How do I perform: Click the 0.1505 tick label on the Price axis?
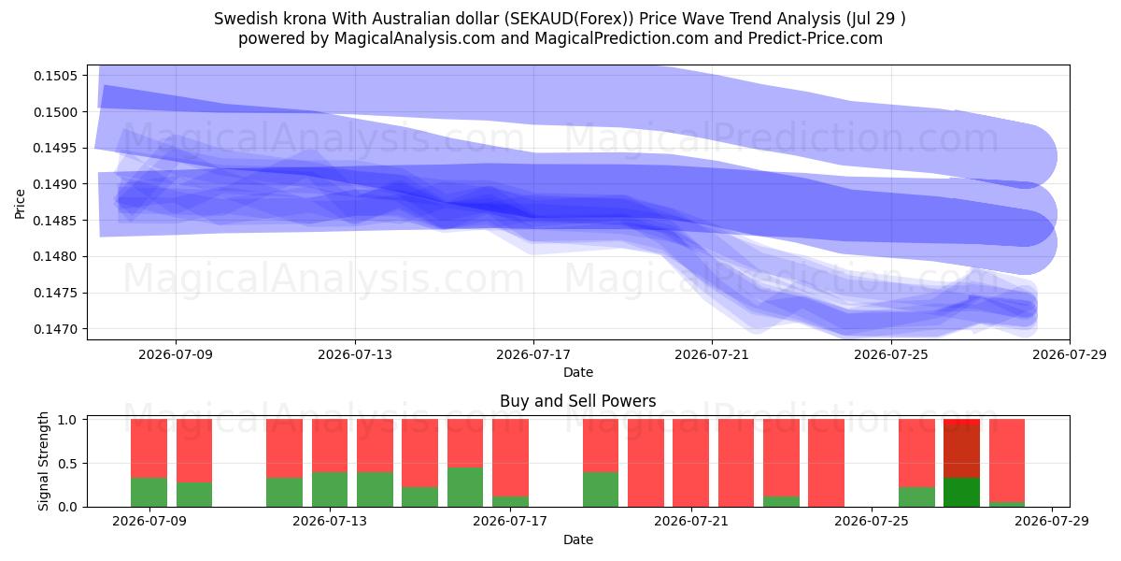coord(55,76)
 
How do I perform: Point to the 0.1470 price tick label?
coord(55,329)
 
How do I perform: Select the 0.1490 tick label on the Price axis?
coord(55,184)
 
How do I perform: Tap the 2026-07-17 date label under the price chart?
coord(533,354)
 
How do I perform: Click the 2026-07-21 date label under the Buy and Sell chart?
coord(691,521)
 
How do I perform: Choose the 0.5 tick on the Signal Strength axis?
coord(67,464)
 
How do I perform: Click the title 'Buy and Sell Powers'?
coord(578,401)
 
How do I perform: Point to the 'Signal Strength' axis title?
coord(44,461)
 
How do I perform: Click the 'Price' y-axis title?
coord(20,204)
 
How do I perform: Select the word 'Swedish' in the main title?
coord(246,19)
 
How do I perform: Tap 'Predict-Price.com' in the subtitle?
coord(816,38)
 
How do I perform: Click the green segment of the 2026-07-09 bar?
coord(149,493)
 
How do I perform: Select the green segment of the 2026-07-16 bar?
coord(465,487)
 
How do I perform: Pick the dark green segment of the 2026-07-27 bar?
coord(962,493)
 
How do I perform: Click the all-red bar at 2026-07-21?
coord(691,464)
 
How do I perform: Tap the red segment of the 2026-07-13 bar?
coord(330,446)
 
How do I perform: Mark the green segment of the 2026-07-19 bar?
coord(601,489)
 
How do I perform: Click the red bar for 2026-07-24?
coord(826,464)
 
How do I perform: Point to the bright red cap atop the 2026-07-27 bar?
coord(962,422)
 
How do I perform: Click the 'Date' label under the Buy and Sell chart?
coord(578,539)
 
